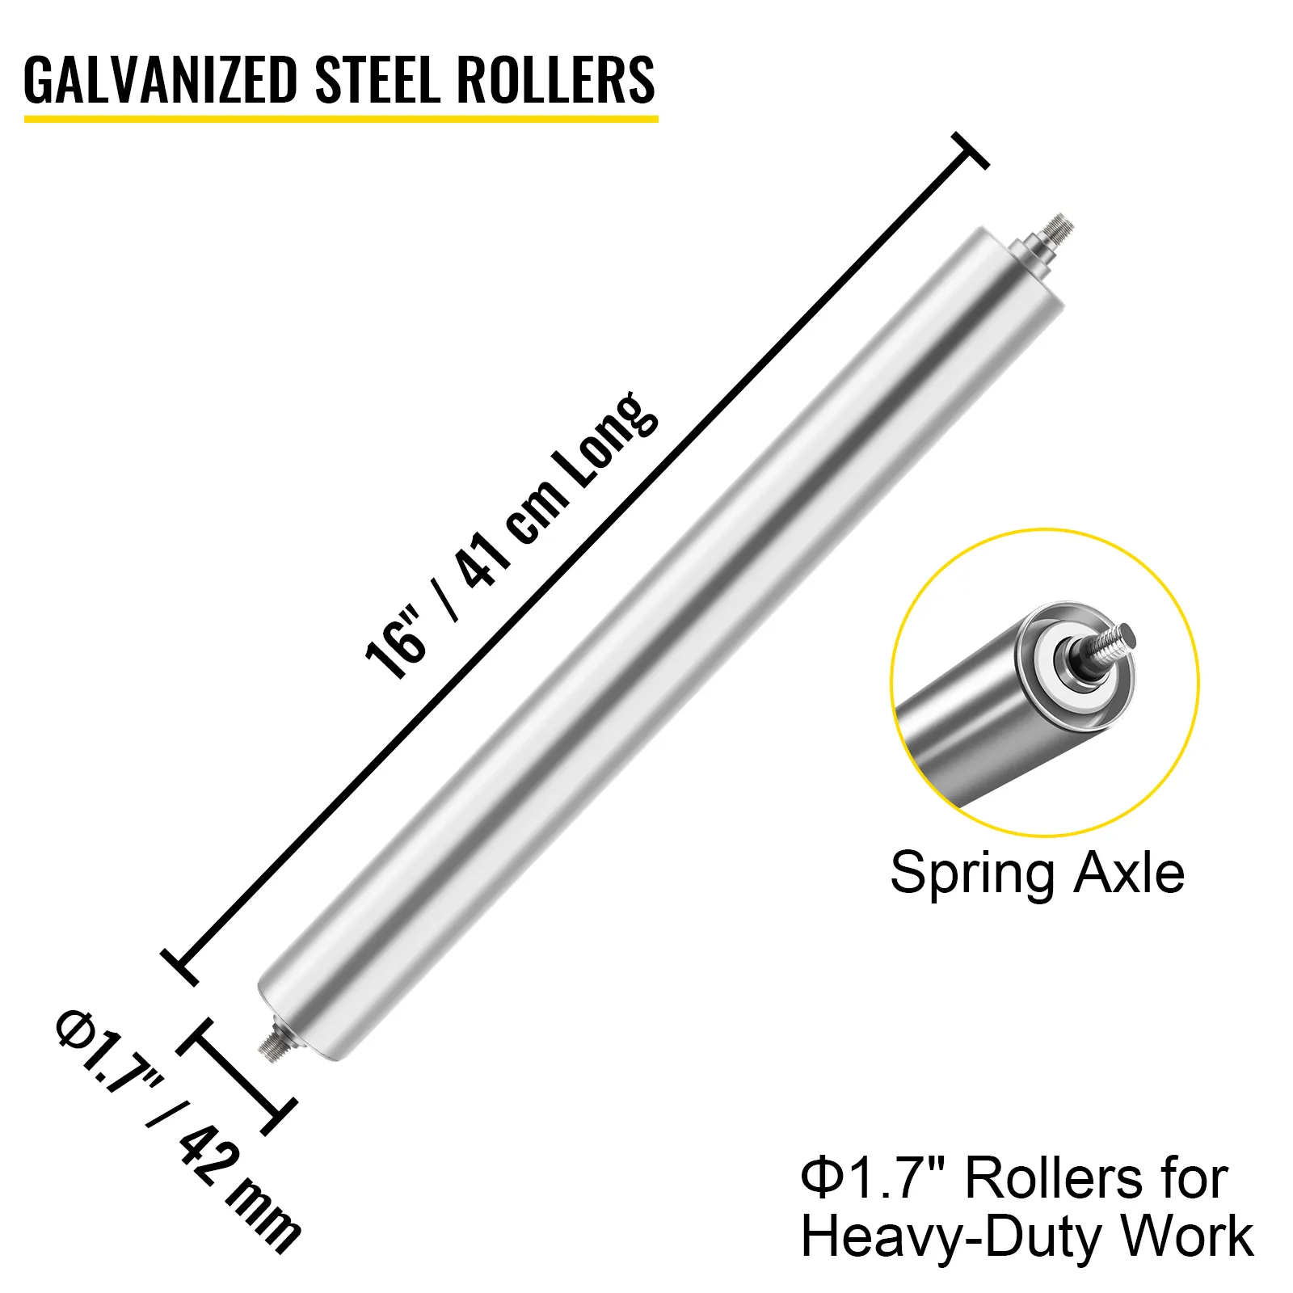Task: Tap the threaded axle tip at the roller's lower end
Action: click(x=273, y=1047)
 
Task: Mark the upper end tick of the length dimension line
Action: click(x=970, y=151)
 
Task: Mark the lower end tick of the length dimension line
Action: click(x=179, y=967)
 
